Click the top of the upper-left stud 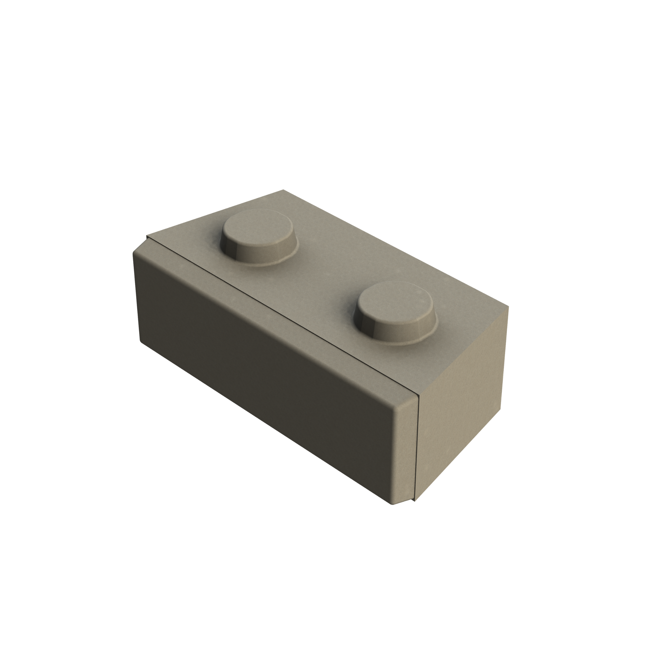pyautogui.click(x=258, y=228)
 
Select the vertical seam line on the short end pyautogui.click(x=417, y=449)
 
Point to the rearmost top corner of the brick pyautogui.click(x=283, y=190)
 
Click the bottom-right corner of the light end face pyautogui.click(x=500, y=409)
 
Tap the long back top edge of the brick pyautogui.click(x=396, y=248)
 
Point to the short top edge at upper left pyautogui.click(x=215, y=213)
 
